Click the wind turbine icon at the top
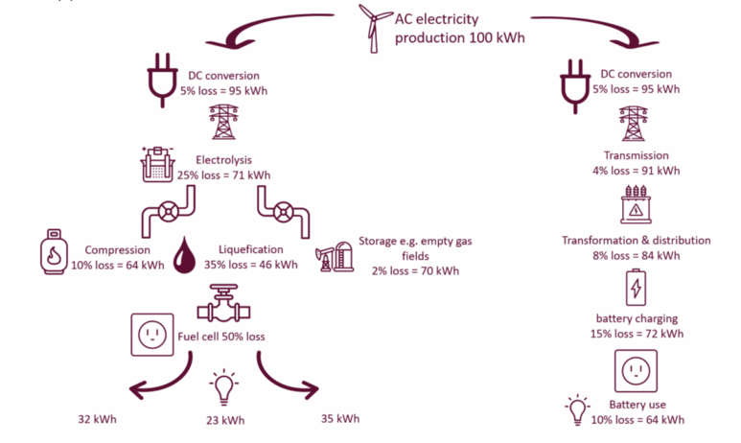pyautogui.click(x=375, y=26)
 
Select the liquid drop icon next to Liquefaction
pyautogui.click(x=185, y=257)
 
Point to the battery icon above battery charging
pyautogui.click(x=635, y=288)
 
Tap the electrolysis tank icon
pyautogui.click(x=158, y=164)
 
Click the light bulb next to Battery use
pyautogui.click(x=577, y=409)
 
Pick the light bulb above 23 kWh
pyautogui.click(x=223, y=387)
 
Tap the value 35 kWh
pyautogui.click(x=340, y=418)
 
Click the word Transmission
pyautogui.click(x=636, y=155)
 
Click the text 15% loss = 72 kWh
pyautogui.click(x=637, y=334)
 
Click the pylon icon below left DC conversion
pyautogui.click(x=222, y=122)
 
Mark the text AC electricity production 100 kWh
pyautogui.click(x=459, y=28)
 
